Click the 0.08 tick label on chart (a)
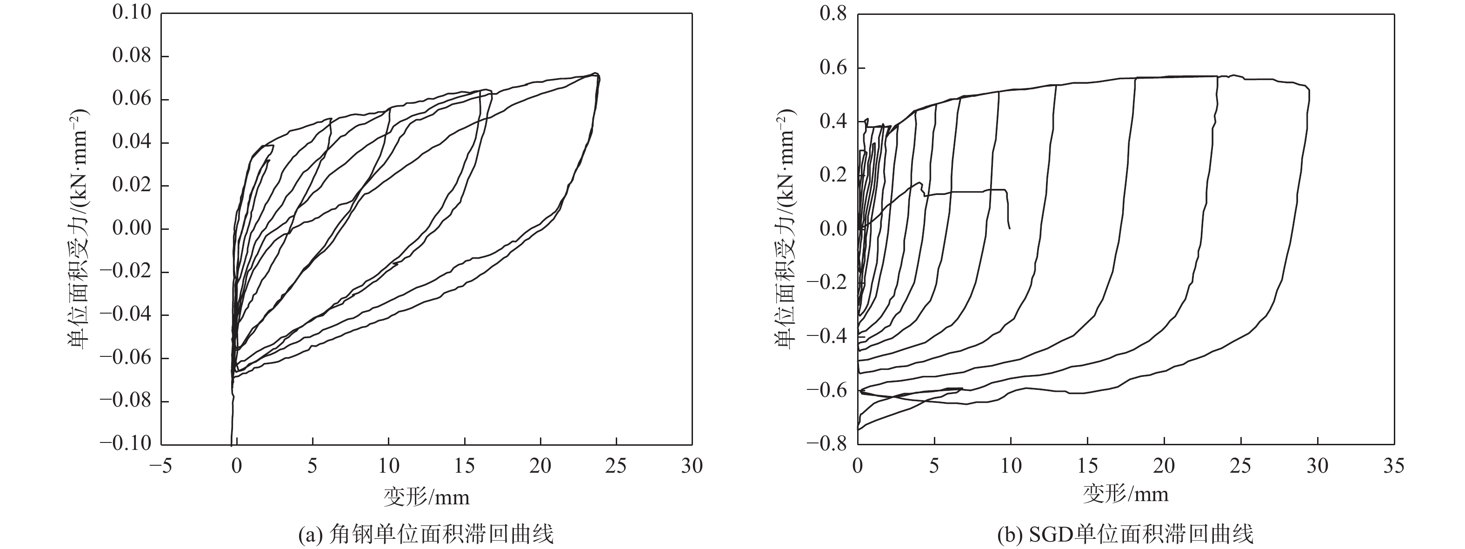pyautogui.click(x=132, y=56)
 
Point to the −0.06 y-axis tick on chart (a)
pyautogui.click(x=126, y=358)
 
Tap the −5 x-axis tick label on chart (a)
pyautogui.click(x=160, y=467)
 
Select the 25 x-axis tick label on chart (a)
pyautogui.click(x=616, y=467)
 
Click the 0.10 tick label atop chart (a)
pyautogui.click(x=132, y=13)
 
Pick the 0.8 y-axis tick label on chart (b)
pyautogui.click(x=832, y=13)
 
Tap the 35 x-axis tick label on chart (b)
pyautogui.click(x=1394, y=467)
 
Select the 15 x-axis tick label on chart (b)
pyautogui.click(x=1087, y=467)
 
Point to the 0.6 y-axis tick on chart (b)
pyautogui.click(x=832, y=68)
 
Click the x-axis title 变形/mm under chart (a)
pyautogui.click(x=426, y=497)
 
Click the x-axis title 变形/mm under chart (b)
pyautogui.click(x=1126, y=493)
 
